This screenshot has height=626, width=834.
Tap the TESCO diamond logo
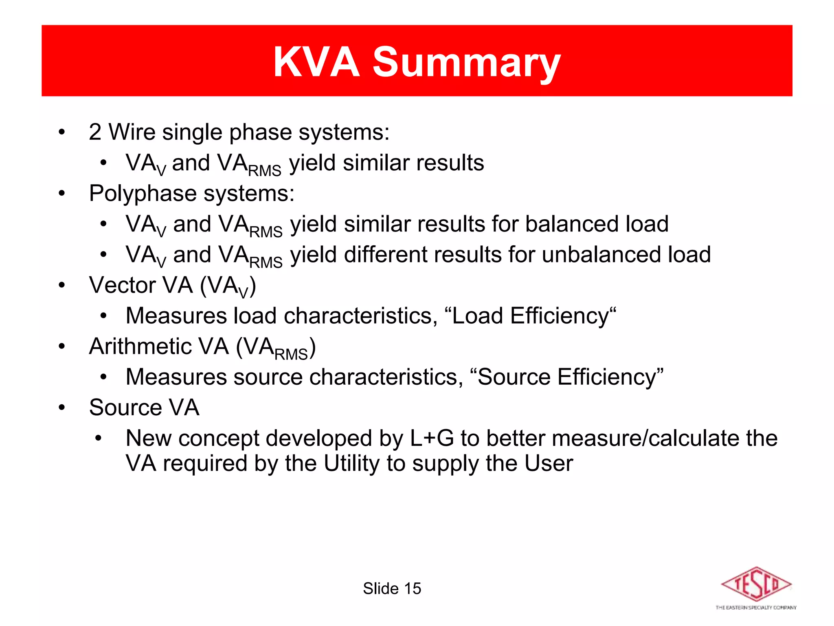756,584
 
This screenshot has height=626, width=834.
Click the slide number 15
413,589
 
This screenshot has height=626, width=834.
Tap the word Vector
121,285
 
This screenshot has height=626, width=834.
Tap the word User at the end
549,464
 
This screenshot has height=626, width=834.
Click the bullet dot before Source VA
61,407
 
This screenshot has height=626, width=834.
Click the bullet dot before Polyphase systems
61,193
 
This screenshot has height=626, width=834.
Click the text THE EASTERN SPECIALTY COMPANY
756,608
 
